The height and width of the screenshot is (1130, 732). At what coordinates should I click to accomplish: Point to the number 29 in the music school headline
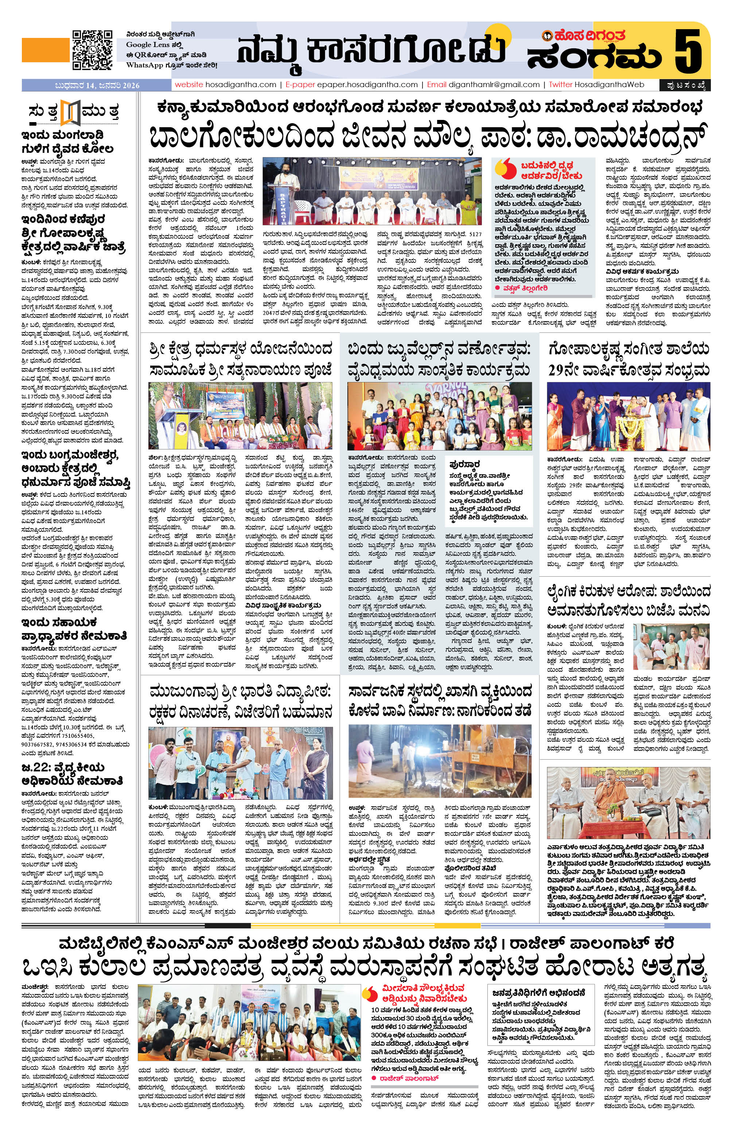click(x=560, y=370)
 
